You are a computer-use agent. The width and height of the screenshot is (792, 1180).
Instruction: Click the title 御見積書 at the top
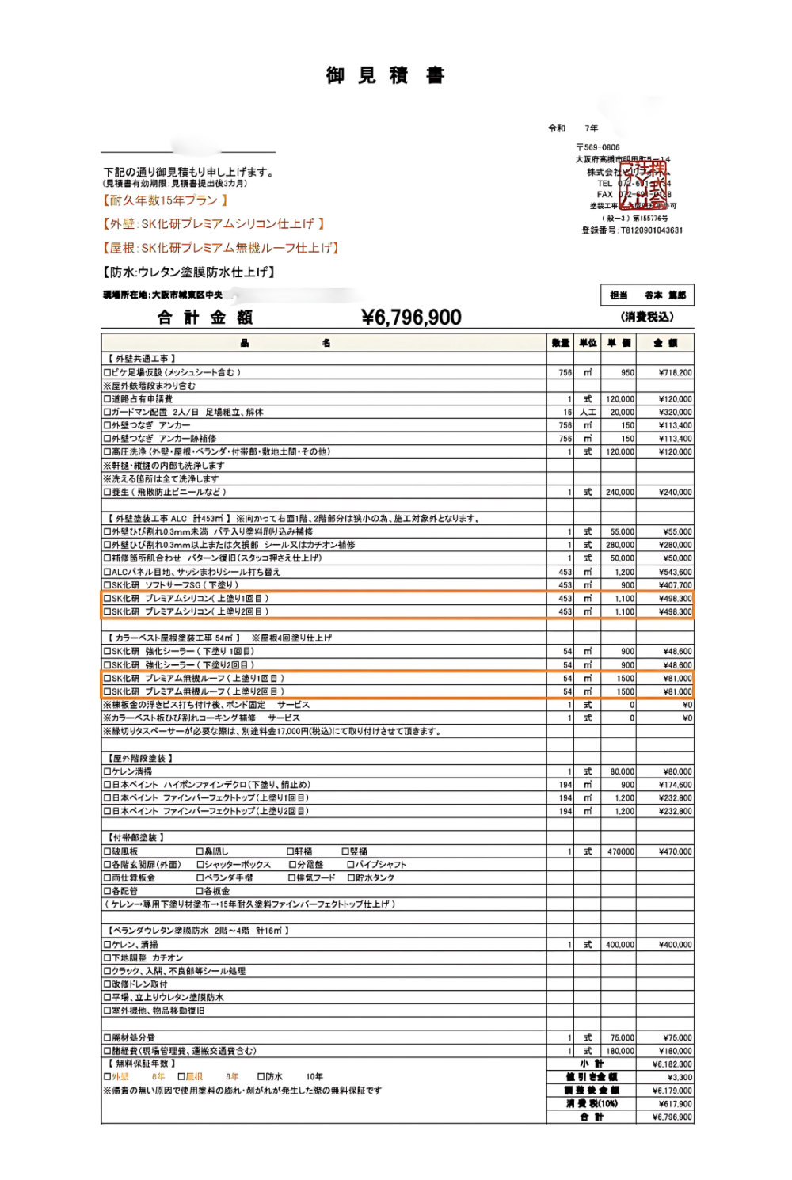click(385, 75)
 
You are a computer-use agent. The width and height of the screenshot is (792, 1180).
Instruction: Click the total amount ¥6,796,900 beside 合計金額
click(411, 318)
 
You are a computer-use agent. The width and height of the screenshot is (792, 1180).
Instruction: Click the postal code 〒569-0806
click(598, 147)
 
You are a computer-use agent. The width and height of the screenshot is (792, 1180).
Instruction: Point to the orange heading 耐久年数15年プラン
click(165, 200)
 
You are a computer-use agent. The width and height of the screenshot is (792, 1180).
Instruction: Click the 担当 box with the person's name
click(647, 295)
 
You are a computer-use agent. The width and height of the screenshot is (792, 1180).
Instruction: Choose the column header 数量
click(561, 343)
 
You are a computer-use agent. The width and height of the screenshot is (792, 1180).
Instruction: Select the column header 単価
click(619, 343)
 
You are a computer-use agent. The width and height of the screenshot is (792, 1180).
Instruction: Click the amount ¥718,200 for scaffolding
click(675, 372)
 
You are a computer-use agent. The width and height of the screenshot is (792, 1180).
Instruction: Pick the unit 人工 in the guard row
click(587, 413)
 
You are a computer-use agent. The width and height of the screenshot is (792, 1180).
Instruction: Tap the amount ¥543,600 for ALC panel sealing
click(675, 572)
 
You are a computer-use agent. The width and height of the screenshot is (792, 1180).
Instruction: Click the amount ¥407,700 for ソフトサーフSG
click(675, 585)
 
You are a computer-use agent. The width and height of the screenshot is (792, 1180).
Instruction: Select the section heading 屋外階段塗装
click(139, 758)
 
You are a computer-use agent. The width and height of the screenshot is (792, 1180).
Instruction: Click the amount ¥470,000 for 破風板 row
click(675, 851)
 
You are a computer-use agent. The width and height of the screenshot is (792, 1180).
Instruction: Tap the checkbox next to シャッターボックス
click(200, 865)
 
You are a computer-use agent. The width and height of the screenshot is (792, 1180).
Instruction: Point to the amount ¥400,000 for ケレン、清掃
click(675, 945)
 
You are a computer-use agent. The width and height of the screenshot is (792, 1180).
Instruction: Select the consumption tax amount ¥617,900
click(672, 1104)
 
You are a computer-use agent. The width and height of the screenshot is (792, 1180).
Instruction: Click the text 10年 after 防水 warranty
click(314, 1077)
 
